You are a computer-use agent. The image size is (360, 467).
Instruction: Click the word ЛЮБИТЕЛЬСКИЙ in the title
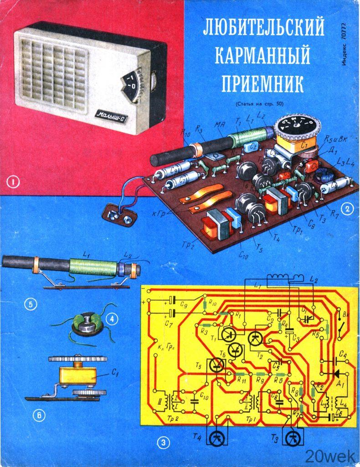[263, 28]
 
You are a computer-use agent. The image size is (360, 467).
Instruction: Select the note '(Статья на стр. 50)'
[260, 104]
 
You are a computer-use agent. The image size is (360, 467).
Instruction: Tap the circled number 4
[110, 320]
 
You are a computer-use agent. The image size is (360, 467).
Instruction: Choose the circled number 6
[39, 415]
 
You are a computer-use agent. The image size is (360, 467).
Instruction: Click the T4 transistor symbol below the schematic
[216, 439]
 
